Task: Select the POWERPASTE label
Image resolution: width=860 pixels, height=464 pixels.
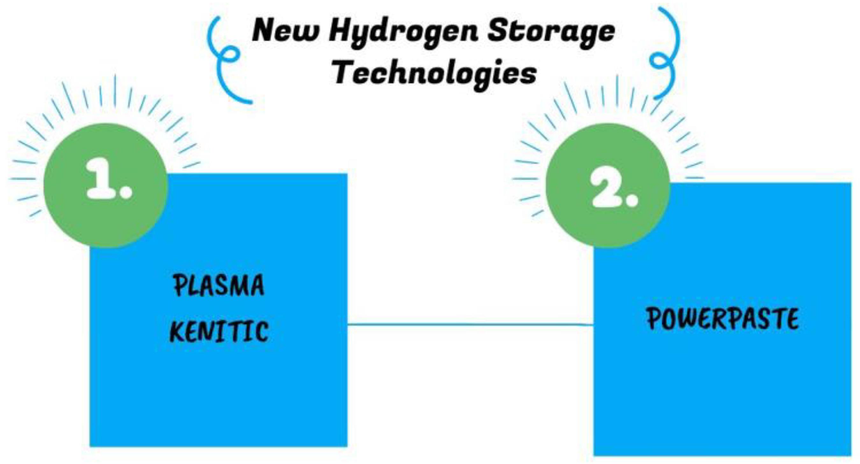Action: pyautogui.click(x=722, y=318)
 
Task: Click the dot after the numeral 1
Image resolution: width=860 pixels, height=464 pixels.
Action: pyautogui.click(x=126, y=192)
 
